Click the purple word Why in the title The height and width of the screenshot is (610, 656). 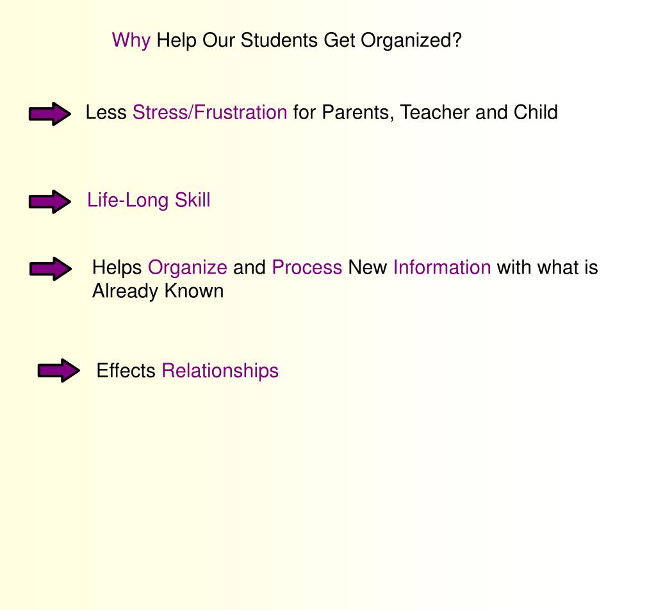tap(131, 41)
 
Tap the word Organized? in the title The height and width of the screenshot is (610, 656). tap(411, 41)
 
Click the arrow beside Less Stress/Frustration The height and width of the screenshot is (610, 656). tap(49, 114)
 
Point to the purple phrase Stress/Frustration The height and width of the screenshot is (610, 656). tap(209, 113)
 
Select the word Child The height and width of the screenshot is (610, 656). tap(536, 113)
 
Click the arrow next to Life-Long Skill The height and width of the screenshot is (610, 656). tap(49, 202)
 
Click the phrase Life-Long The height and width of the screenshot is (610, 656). tap(128, 201)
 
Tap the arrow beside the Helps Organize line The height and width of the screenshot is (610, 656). tap(50, 269)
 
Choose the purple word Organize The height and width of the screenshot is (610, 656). tap(187, 268)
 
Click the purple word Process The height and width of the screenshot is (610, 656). tap(307, 268)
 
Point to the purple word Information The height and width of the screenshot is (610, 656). tap(442, 268)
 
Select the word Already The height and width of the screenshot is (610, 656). tap(125, 292)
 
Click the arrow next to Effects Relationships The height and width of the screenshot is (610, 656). tap(58, 370)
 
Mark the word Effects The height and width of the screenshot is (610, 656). tap(126, 371)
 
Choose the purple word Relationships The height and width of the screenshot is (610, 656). tap(220, 371)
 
